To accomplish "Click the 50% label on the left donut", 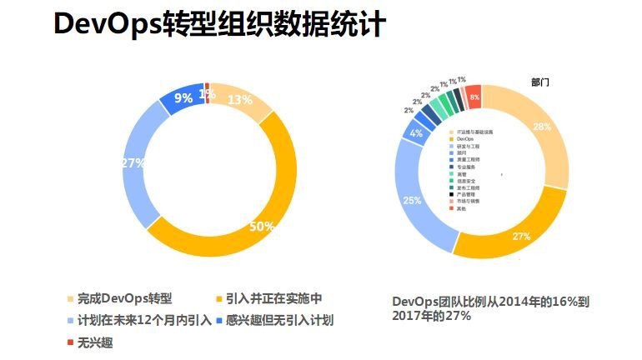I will coord(263,227).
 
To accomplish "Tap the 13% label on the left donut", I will coord(240,100).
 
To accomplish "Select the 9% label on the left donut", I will coord(183,97).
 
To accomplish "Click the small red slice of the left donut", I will coord(205,87).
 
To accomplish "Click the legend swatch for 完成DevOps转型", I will coord(71,298).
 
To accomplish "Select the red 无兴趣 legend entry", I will coord(89,342).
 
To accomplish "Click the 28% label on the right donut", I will coord(542,127).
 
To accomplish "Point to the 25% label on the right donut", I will coord(412,200).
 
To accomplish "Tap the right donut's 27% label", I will coord(521,237).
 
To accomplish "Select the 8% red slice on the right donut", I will coord(474,97).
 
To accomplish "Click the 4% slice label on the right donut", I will coord(416,133).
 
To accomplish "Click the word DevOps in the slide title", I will coord(106,25).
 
